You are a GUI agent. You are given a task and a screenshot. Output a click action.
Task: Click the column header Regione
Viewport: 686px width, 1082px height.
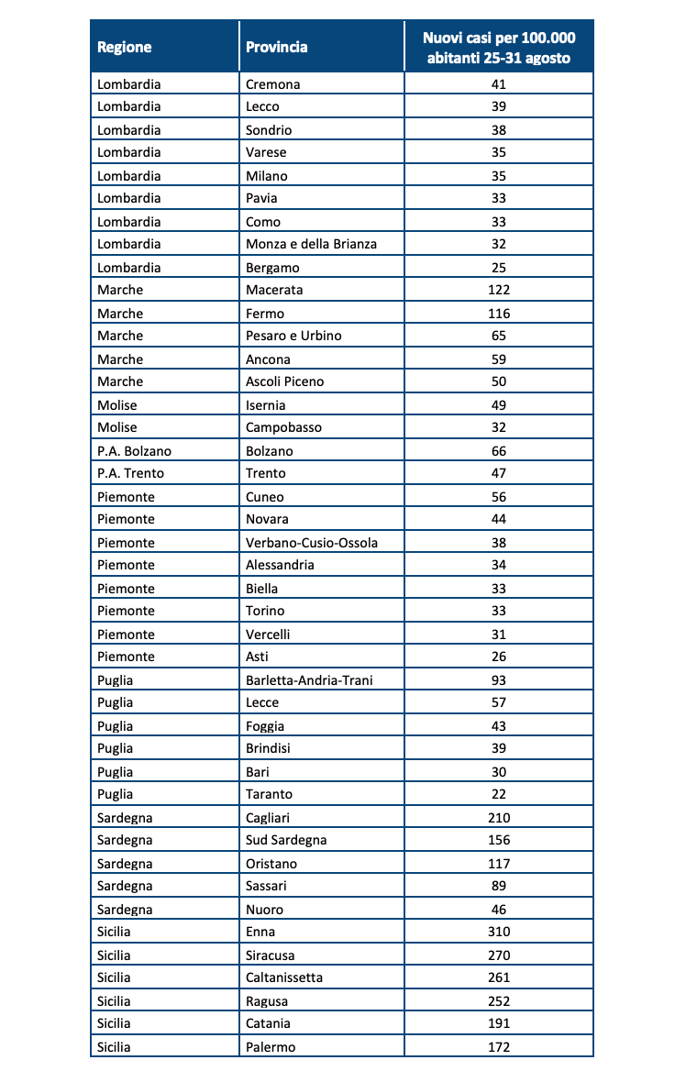(125, 47)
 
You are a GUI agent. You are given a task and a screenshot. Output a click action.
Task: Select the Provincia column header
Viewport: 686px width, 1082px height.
(277, 47)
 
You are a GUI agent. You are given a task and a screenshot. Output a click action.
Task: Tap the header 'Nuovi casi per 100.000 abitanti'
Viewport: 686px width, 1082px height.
(498, 47)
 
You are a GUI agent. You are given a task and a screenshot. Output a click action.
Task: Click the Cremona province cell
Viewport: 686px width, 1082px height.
(273, 84)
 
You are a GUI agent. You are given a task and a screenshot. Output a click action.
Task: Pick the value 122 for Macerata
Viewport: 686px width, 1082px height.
(499, 290)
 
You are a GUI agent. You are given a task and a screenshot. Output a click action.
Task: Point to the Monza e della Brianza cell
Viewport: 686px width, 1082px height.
(312, 244)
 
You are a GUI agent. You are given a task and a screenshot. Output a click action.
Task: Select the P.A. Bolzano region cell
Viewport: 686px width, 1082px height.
(134, 451)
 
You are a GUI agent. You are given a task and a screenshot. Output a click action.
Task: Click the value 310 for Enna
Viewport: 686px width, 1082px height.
(499, 932)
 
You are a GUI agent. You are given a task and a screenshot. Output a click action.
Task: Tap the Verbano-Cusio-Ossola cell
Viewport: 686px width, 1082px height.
(312, 543)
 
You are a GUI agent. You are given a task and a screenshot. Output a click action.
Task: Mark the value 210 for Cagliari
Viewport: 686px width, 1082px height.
(499, 818)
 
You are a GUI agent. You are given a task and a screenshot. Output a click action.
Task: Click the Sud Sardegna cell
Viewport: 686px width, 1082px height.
(286, 840)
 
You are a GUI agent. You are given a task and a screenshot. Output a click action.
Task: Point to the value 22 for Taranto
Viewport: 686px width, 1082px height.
(499, 794)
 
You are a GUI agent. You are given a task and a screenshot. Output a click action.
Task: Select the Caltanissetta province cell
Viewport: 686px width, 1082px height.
(284, 977)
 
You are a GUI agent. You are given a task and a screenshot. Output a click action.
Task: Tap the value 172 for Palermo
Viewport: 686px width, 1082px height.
(499, 1046)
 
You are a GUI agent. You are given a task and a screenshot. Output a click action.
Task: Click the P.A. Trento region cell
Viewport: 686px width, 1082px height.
(131, 473)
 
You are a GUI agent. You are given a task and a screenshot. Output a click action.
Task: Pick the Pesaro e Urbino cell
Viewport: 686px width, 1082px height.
(293, 336)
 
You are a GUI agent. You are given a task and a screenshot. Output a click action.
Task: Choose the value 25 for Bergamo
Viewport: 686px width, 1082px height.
(499, 268)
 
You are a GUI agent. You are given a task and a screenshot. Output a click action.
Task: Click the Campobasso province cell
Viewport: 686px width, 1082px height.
(283, 427)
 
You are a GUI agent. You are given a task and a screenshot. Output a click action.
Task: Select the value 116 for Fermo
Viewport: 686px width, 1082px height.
(499, 314)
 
